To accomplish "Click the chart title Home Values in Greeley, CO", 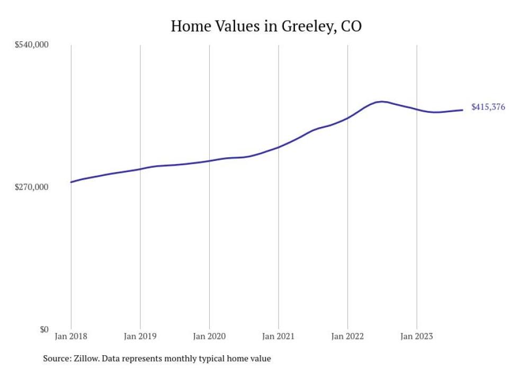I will click(266, 26).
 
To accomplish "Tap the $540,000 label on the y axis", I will click(31, 45).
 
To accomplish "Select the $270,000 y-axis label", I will click(31, 187).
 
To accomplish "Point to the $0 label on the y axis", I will click(43, 329).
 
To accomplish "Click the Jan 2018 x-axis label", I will click(71, 336).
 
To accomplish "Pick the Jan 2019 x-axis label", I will click(140, 336).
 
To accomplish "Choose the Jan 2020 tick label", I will click(209, 336).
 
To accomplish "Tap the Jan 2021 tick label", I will click(279, 336).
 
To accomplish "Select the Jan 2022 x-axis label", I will click(347, 336).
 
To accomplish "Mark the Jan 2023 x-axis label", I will click(417, 336).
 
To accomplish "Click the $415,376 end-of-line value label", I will click(488, 107).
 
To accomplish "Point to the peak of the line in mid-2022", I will click(381, 101).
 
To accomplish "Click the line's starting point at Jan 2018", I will click(71, 182).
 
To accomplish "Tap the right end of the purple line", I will click(462, 110).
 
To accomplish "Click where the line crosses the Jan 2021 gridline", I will click(279, 147).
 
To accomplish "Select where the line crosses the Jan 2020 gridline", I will click(209, 160).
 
